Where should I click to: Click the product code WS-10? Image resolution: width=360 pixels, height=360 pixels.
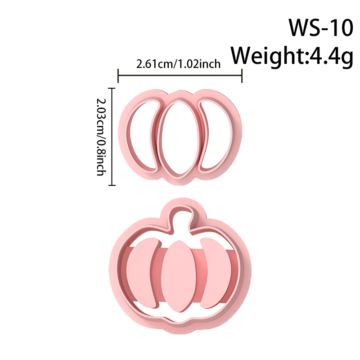pyautogui.click(x=320, y=27)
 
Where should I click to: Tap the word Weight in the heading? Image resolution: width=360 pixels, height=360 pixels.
pyautogui.click(x=268, y=55)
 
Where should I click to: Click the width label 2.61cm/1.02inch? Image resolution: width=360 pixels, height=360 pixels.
pyautogui.click(x=178, y=64)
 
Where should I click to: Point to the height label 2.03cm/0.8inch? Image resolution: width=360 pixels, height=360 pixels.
pyautogui.click(x=101, y=137)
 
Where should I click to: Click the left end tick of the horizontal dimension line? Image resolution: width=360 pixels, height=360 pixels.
pyautogui.click(x=118, y=76)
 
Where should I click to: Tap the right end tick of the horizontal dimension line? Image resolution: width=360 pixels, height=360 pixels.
pyautogui.click(x=242, y=76)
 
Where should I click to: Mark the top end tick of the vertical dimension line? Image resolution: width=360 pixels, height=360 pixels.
pyautogui.click(x=112, y=88)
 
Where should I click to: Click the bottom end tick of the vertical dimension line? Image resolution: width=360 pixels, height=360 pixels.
pyautogui.click(x=112, y=185)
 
